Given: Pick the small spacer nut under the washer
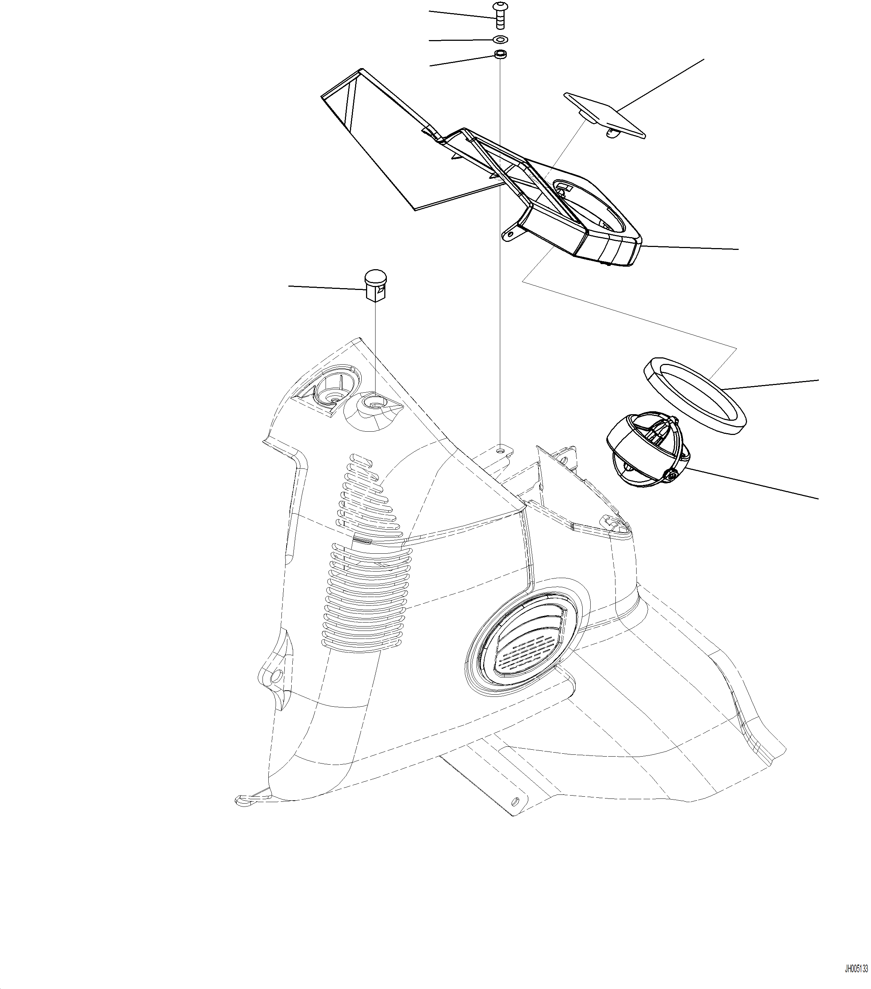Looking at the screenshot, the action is (500, 54).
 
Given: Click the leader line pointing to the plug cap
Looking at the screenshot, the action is (326, 287).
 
